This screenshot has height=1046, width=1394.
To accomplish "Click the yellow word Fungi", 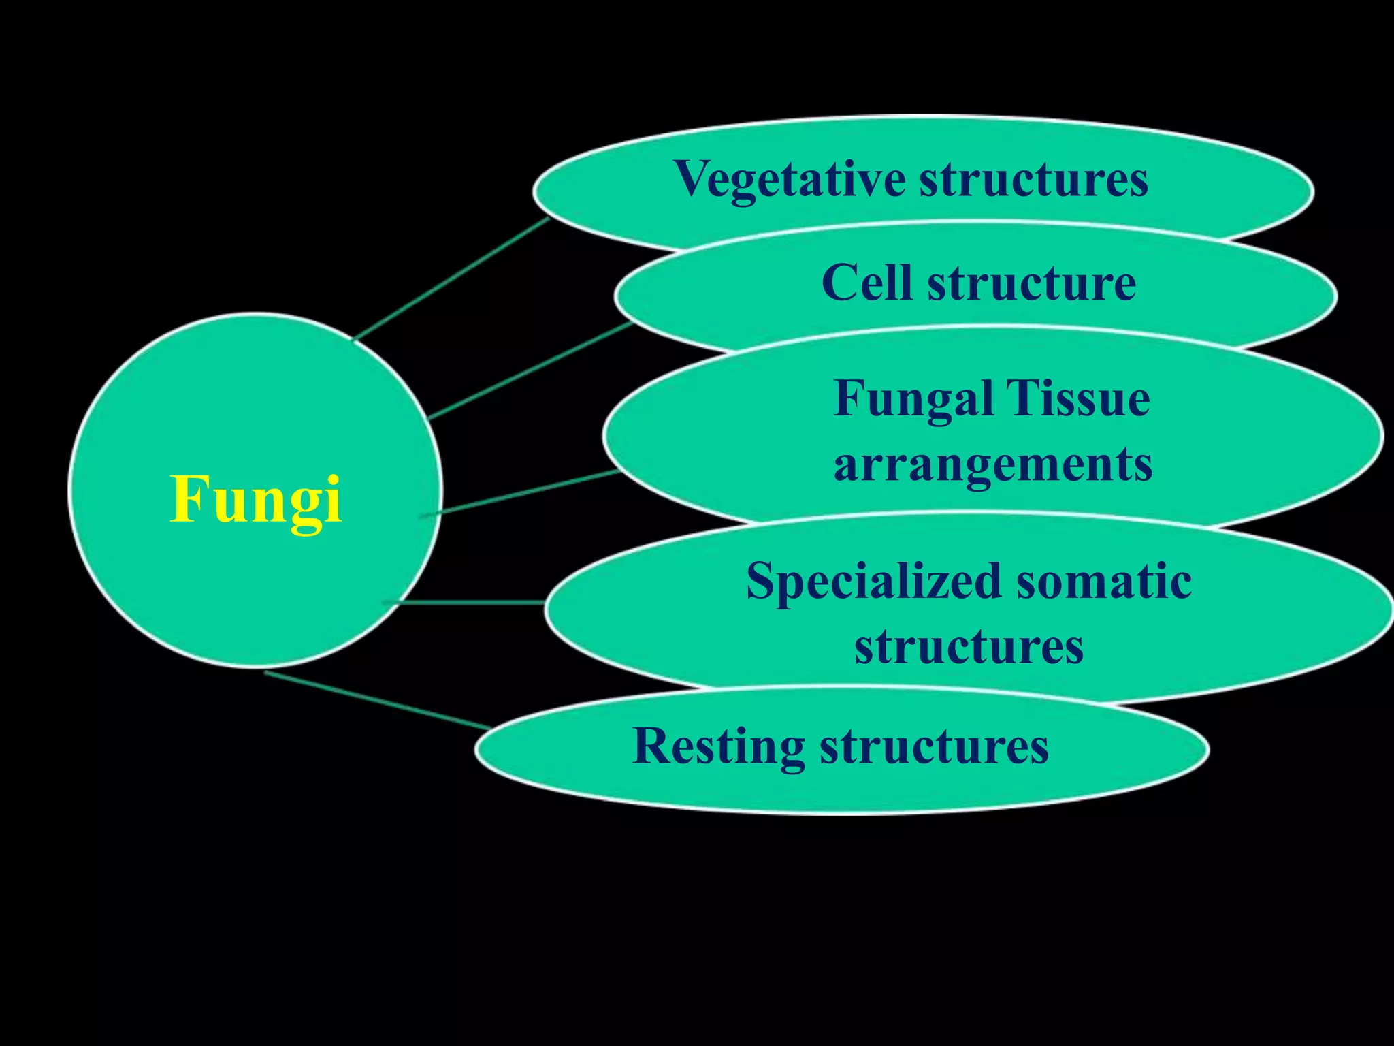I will (255, 501).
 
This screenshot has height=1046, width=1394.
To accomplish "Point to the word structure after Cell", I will (1032, 283).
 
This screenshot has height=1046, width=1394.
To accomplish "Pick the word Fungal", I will (913, 398).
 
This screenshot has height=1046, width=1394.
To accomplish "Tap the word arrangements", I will (993, 464).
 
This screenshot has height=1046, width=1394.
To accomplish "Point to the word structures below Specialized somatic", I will (969, 646).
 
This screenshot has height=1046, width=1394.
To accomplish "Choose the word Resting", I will (719, 746).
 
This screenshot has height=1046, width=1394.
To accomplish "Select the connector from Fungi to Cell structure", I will (531, 371).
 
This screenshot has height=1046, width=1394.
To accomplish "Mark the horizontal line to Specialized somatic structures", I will (470, 603).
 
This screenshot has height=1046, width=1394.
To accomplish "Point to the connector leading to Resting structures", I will (378, 700).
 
